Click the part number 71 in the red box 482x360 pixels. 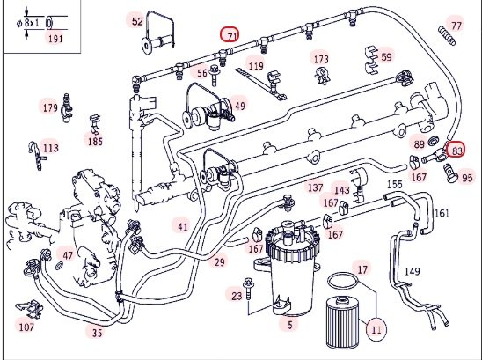pyautogui.click(x=232, y=37)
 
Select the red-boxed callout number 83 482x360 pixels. pyautogui.click(x=456, y=151)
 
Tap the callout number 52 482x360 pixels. pyautogui.click(x=137, y=21)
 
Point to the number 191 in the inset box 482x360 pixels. pyautogui.click(x=55, y=39)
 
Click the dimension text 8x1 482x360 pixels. pyautogui.click(x=32, y=23)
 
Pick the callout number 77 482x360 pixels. pyautogui.click(x=456, y=26)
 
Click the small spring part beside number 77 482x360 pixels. pyautogui.click(x=446, y=36)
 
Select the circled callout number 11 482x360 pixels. pyautogui.click(x=376, y=329)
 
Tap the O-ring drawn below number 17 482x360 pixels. pyautogui.click(x=343, y=280)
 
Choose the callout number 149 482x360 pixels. pyautogui.click(x=412, y=271)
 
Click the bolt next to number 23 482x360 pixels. pyautogui.click(x=247, y=290)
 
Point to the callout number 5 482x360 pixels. pyautogui.click(x=290, y=324)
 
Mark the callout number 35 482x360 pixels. pyautogui.click(x=97, y=333)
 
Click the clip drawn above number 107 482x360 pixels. pyautogui.click(x=30, y=309)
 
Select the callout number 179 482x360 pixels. pyautogui.click(x=50, y=107)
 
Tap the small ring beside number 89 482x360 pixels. pyautogui.click(x=434, y=141)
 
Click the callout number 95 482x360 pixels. pyautogui.click(x=467, y=178)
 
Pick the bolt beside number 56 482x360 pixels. pyautogui.click(x=214, y=76)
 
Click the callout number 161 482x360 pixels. pyautogui.click(x=442, y=213)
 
